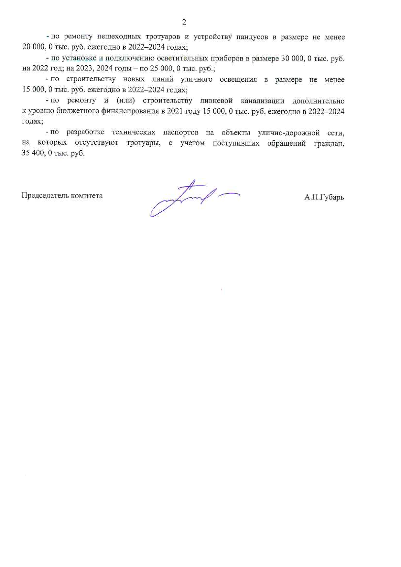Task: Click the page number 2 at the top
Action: (184, 22)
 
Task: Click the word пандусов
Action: (252, 37)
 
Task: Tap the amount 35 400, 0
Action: (37, 153)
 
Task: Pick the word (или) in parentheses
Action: (125, 101)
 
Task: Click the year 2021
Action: (175, 111)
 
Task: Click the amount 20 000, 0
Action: (37, 47)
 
